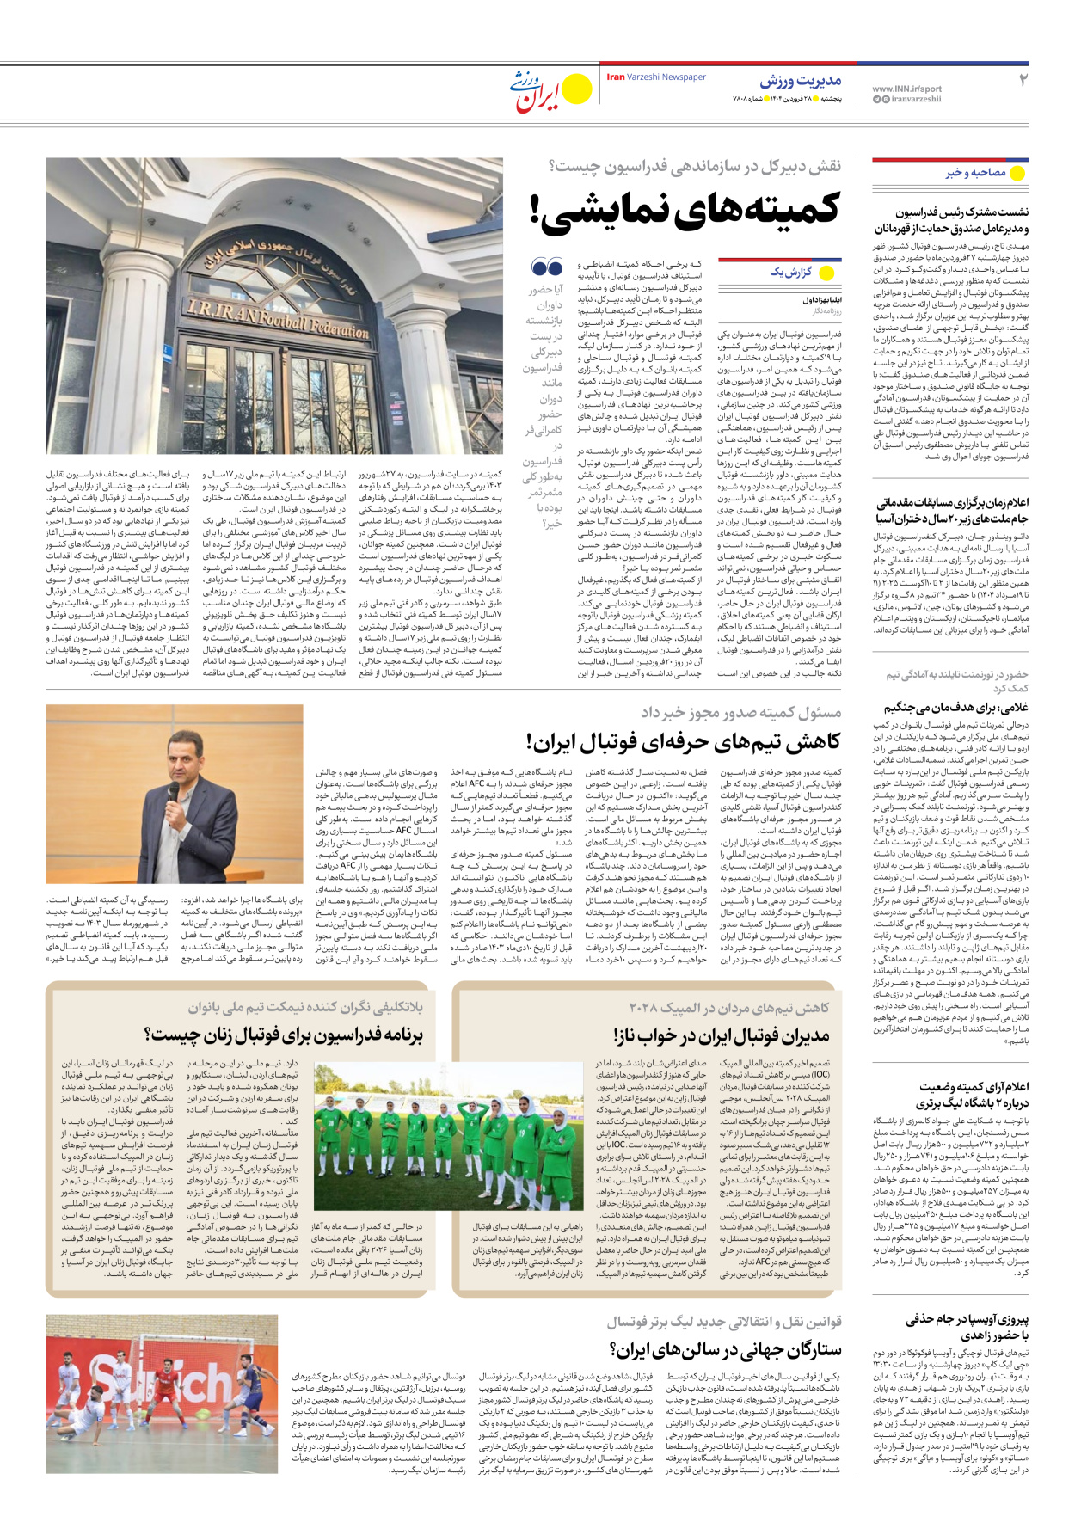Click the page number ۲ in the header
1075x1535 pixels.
[1023, 80]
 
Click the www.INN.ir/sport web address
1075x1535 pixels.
[906, 89]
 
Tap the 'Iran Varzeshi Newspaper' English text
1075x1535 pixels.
[656, 77]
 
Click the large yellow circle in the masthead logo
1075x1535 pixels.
[575, 88]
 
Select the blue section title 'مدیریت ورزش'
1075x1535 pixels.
[800, 81]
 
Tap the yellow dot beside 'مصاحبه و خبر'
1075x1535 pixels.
[1017, 173]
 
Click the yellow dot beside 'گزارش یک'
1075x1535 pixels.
[827, 273]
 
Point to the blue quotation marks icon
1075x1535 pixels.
[547, 267]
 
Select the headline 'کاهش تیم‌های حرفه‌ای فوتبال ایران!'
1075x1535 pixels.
[684, 741]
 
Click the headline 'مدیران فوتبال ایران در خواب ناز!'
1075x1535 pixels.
[722, 1035]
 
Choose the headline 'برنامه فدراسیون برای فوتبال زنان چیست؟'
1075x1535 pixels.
[284, 1035]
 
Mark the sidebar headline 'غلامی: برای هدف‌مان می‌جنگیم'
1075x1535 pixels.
[955, 708]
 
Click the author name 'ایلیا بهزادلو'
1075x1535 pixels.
[822, 300]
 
